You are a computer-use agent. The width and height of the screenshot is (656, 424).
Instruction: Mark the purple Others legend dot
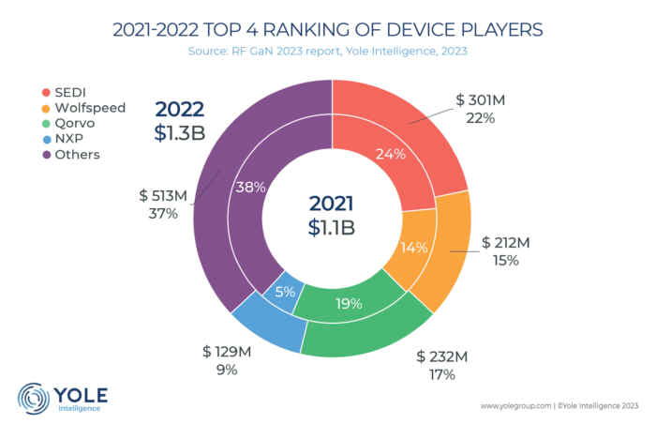click(31, 154)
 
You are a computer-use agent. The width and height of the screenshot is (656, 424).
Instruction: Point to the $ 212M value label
click(506, 243)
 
